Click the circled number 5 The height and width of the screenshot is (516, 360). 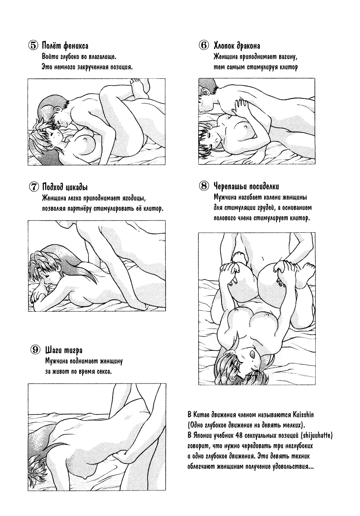coord(33,46)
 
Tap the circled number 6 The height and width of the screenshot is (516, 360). coord(204,45)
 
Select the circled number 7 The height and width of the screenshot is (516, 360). coord(34,187)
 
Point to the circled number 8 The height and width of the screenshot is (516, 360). coord(204,186)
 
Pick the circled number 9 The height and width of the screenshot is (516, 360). coord(35,350)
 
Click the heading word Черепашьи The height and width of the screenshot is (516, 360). coord(231,186)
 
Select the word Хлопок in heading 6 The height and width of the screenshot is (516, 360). coord(224,46)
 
